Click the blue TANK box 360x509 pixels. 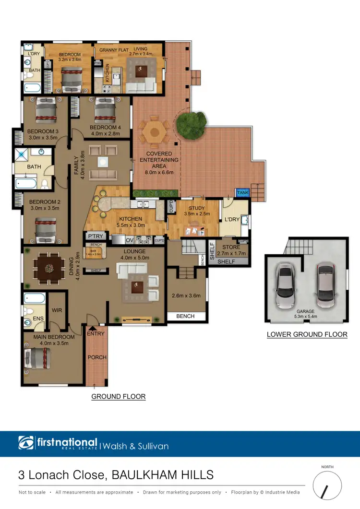242,192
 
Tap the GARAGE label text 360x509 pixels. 305,311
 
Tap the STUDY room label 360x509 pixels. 197,208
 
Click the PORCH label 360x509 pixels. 97,357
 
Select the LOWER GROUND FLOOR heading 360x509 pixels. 307,334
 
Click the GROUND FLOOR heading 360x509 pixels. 118,397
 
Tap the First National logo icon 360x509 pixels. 26,443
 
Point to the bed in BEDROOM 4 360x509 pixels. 104,112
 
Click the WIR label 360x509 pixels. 57,310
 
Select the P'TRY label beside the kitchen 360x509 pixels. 93,237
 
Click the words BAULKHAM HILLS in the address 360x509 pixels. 162,475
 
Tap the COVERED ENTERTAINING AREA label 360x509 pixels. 159,160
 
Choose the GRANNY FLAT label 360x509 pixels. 111,49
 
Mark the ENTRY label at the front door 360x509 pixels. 96,334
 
